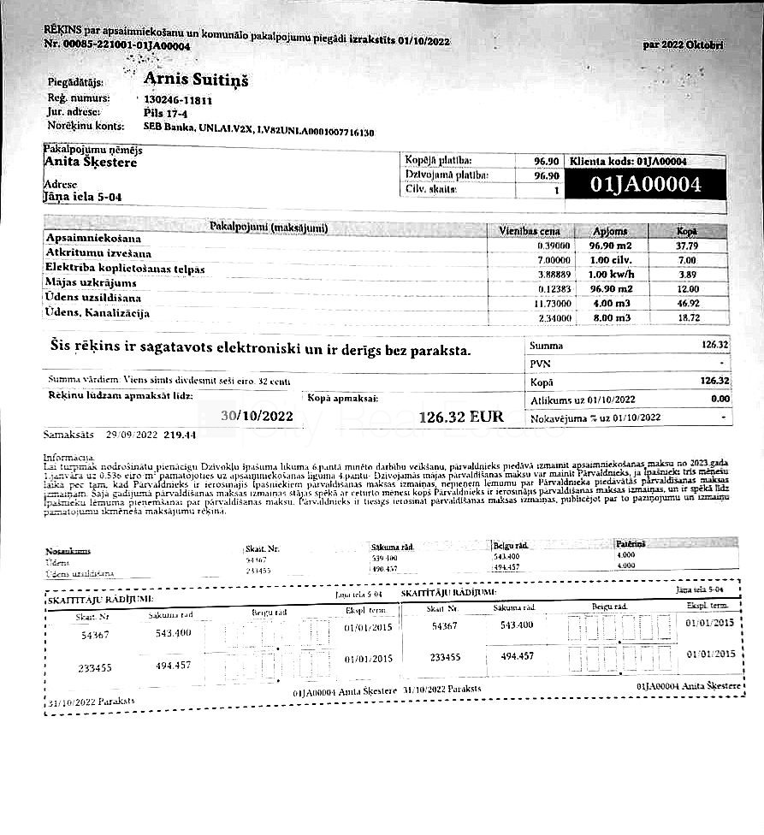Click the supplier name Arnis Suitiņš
tap(196, 80)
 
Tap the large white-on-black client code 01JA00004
tap(646, 185)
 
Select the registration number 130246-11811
tap(177, 99)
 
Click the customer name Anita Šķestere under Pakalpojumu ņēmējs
tap(90, 162)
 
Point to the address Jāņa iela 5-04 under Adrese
tap(82, 197)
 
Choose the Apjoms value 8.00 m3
tap(609, 317)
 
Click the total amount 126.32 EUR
tap(461, 417)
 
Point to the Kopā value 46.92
tap(687, 303)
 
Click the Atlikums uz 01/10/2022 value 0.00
tap(720, 399)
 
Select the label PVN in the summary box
tap(539, 364)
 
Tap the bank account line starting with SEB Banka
tap(258, 133)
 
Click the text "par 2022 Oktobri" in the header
tap(683, 44)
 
